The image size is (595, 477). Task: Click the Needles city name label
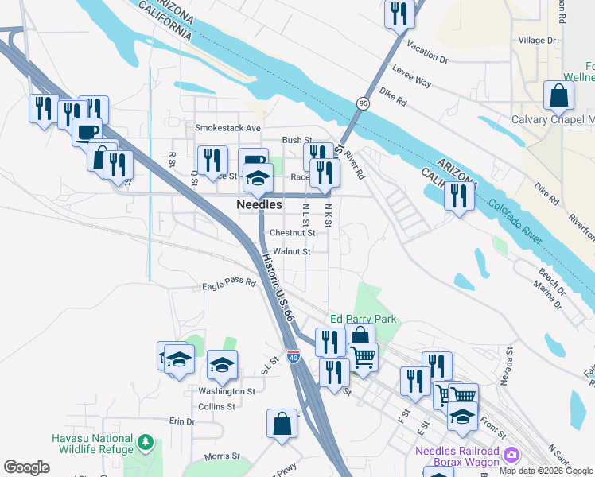coord(259,205)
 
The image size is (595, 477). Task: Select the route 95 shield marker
coord(363,103)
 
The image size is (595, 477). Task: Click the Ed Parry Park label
coord(363,319)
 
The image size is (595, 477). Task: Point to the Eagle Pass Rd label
coord(229,282)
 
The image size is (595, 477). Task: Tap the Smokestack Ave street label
coord(228,127)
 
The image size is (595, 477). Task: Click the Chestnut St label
coord(293,233)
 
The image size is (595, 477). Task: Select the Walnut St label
coord(291,251)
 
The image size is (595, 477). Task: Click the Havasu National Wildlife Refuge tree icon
coord(145,441)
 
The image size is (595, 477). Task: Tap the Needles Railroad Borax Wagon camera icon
coord(512,455)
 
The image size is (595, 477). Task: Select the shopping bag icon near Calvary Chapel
coord(559,95)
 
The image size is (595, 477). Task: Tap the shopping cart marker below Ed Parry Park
coord(363,358)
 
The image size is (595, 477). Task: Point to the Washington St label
coord(227,391)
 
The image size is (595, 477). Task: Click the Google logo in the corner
coord(26,467)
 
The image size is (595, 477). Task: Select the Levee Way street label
coord(412,82)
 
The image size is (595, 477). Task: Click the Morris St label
coord(222,456)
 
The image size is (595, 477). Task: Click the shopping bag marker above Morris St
coord(282,423)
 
